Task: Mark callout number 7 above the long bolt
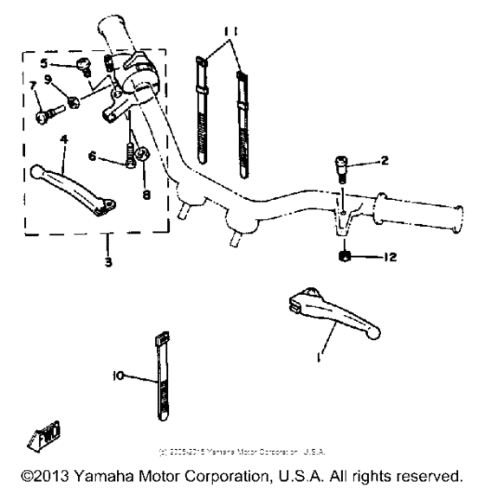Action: point(33,86)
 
